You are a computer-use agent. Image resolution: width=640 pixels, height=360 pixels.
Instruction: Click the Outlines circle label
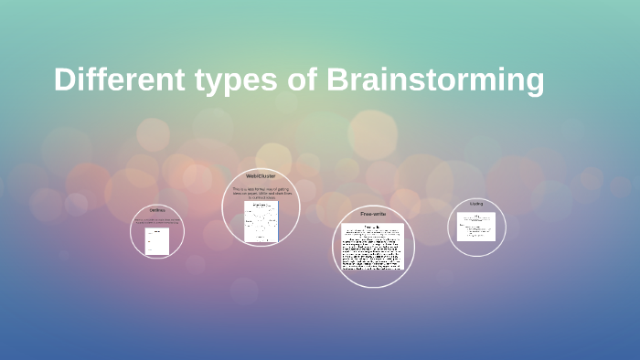(x=157, y=210)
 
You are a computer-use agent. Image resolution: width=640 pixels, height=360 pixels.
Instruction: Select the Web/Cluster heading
(x=261, y=175)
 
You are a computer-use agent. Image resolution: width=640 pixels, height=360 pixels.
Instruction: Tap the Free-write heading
(x=373, y=214)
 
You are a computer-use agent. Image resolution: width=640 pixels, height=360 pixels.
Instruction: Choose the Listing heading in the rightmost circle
(x=476, y=204)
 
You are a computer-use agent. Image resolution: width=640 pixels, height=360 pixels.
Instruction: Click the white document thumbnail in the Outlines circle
(x=157, y=241)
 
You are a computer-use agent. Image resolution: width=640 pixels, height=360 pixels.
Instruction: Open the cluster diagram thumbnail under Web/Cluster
(x=261, y=221)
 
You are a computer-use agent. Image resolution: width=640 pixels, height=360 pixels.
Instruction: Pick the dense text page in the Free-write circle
(x=372, y=248)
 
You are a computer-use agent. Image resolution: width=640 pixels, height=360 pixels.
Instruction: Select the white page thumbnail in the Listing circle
(x=475, y=227)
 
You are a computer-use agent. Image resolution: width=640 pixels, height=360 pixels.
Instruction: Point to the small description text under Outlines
(x=157, y=221)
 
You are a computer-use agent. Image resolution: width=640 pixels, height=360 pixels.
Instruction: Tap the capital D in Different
(x=64, y=80)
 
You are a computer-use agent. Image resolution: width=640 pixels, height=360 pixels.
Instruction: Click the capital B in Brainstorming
(x=337, y=80)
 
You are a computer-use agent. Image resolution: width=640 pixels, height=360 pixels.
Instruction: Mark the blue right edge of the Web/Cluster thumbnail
(x=278, y=221)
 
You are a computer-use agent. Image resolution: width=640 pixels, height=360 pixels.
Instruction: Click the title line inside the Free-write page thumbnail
(x=372, y=227)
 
